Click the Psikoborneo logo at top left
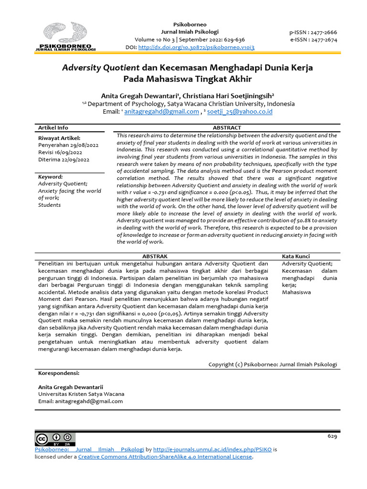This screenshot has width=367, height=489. point(65,37)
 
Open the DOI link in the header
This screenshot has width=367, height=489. point(196,48)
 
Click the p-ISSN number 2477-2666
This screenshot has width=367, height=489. point(323,32)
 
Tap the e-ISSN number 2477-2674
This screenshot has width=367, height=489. point(323,40)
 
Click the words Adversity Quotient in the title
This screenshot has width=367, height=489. point(100,67)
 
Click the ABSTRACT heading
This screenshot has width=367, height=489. point(227,128)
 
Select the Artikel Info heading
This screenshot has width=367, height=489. point(53,128)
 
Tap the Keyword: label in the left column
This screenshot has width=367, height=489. point(50,177)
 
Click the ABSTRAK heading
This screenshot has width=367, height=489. point(155,256)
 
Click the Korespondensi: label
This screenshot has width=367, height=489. point(58,373)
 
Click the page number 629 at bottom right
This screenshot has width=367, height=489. point(332,436)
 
